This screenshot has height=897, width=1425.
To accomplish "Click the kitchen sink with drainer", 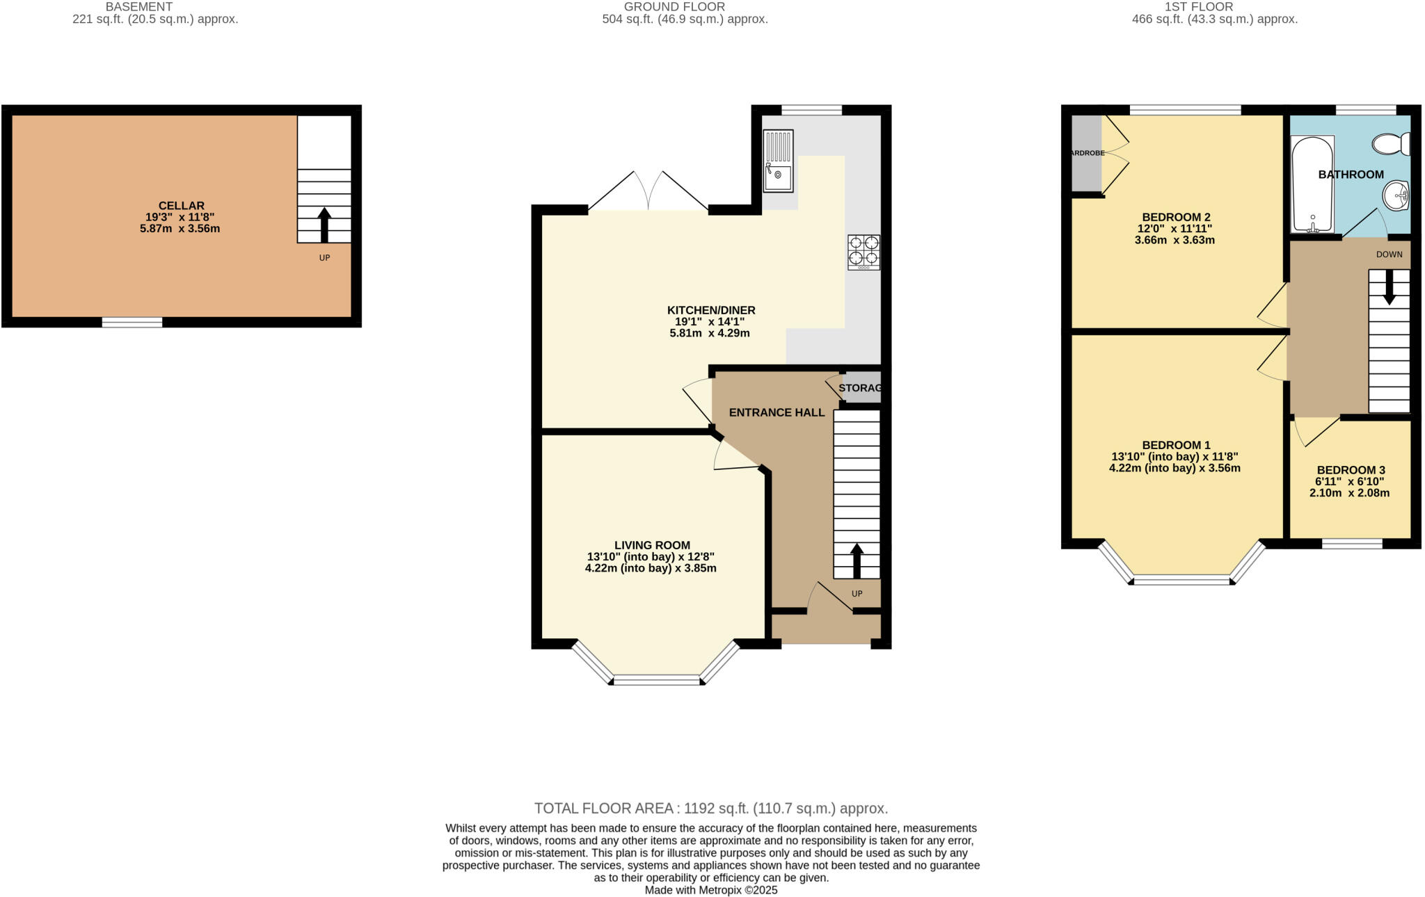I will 778,161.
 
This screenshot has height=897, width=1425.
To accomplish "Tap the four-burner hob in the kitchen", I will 863,252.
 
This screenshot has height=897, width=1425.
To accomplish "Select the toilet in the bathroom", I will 1391,144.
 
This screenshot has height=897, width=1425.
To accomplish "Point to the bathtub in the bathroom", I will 1312,184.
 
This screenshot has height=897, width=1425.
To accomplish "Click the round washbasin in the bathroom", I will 1395,195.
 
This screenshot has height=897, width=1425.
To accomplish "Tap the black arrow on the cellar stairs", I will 324,224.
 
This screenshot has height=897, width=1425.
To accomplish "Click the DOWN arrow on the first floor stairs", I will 1389,286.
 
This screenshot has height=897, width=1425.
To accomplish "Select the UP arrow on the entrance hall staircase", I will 857,560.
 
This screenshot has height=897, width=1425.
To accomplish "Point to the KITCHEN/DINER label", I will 710,310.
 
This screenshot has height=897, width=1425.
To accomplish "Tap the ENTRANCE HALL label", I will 777,412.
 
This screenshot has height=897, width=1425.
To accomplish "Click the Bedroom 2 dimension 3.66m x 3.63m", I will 1175,241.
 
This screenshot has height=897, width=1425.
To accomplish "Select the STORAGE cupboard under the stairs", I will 861,388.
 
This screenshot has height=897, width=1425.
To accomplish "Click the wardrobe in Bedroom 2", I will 1086,153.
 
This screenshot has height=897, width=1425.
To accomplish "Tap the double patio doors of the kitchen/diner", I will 648,191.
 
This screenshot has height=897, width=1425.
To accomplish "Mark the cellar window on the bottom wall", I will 132,322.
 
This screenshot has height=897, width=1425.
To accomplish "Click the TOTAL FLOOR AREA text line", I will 711,809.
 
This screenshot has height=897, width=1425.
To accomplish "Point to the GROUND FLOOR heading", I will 674,7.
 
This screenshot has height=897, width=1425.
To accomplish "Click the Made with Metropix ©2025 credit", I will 711,890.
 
